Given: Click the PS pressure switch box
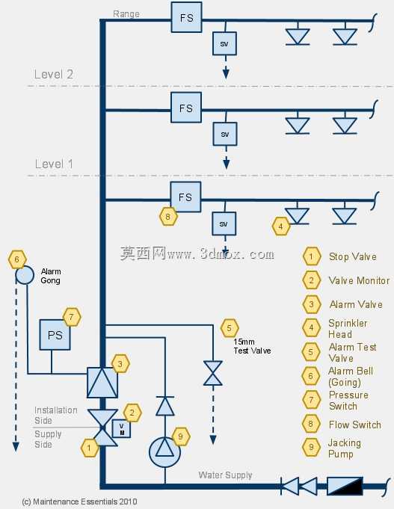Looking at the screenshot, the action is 55,335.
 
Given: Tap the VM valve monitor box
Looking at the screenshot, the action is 121,428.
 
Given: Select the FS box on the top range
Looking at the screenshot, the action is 186,17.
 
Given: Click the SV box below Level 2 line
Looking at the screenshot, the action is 225,134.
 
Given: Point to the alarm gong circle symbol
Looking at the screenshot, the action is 25,275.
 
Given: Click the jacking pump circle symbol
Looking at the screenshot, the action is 164,452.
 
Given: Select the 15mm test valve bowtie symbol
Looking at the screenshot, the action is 213,373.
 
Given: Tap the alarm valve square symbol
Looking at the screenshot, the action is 102,383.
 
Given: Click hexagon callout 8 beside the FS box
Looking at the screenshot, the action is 168,216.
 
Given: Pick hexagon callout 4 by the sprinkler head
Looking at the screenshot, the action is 281,226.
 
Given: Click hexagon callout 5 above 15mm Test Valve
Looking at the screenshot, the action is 230,328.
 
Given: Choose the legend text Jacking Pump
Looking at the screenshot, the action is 345,448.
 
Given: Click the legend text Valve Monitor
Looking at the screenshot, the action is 359,280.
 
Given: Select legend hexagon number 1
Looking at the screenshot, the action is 312,256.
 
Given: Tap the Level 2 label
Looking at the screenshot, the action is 54,74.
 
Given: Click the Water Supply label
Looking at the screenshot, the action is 226,475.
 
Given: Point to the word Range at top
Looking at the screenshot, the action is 126,14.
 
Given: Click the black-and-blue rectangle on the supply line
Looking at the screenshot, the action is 345,486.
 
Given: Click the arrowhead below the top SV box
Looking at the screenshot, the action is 226,74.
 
